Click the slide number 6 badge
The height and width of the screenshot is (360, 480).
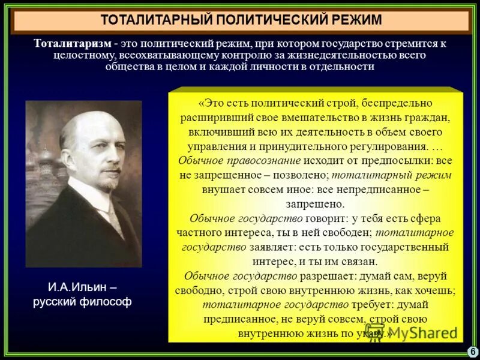point(473,351)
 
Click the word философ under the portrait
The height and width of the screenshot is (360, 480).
point(106,301)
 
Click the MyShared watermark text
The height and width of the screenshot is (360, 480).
point(420,332)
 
